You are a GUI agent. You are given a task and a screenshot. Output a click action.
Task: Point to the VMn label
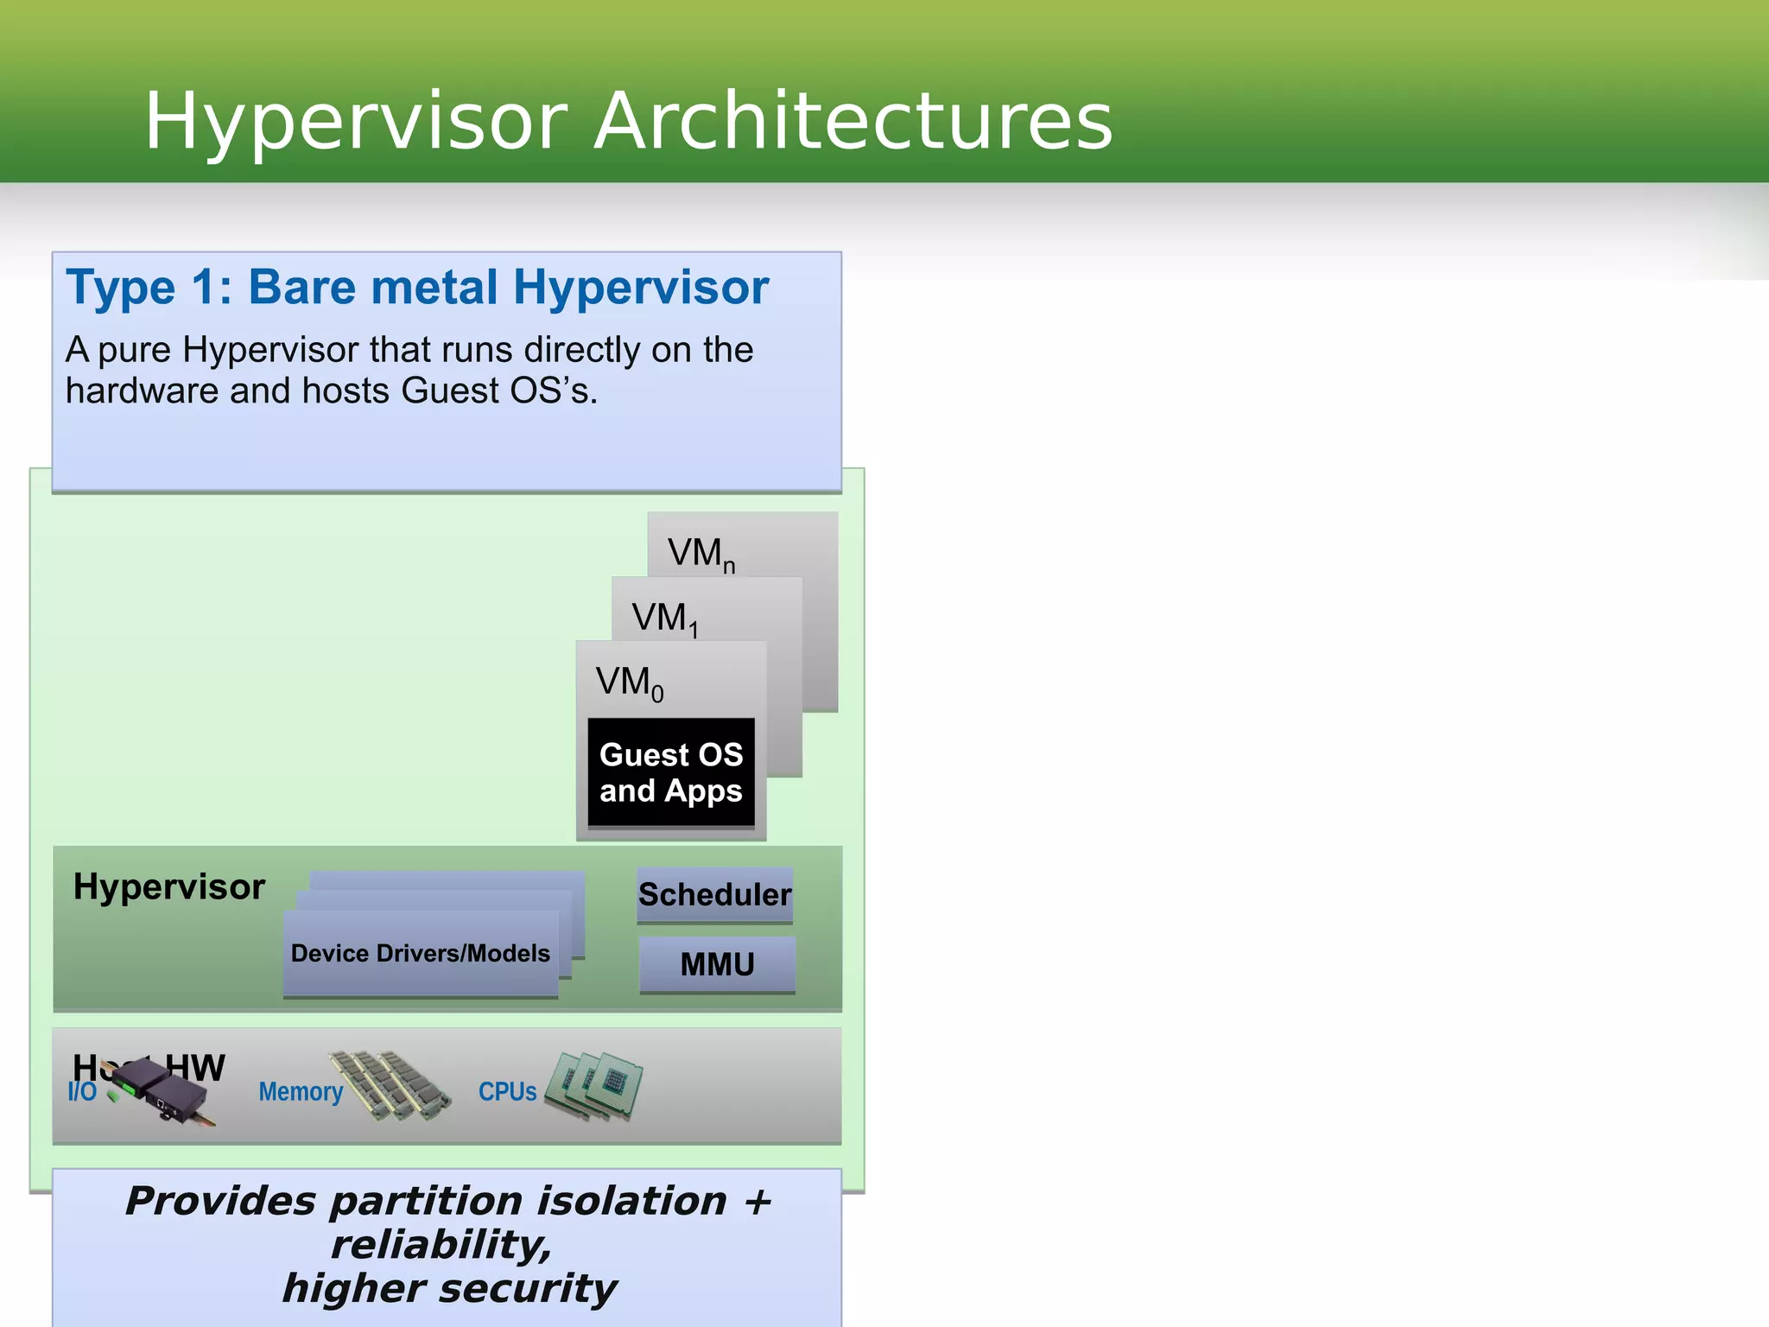click(700, 554)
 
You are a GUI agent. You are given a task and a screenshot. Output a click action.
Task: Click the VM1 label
click(663, 619)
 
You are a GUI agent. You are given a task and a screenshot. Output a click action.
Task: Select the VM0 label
click(629, 683)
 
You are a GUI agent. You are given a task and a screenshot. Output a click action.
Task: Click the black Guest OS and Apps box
click(671, 772)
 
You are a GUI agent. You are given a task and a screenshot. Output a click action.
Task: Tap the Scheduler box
click(714, 895)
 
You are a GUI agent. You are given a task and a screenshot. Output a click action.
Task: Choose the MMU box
click(717, 964)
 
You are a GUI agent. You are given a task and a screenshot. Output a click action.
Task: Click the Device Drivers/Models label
click(420, 953)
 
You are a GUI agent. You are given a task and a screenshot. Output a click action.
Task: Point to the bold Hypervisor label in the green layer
click(168, 887)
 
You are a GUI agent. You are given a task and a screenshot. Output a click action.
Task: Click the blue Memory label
click(301, 1092)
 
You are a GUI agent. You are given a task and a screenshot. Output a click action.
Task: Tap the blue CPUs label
click(507, 1092)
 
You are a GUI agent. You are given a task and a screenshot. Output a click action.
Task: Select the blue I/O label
click(82, 1092)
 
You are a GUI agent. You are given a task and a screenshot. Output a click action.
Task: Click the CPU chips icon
click(596, 1085)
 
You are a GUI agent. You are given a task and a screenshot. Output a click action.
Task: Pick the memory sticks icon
click(390, 1085)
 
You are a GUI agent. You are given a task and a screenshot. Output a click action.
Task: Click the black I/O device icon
click(164, 1092)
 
